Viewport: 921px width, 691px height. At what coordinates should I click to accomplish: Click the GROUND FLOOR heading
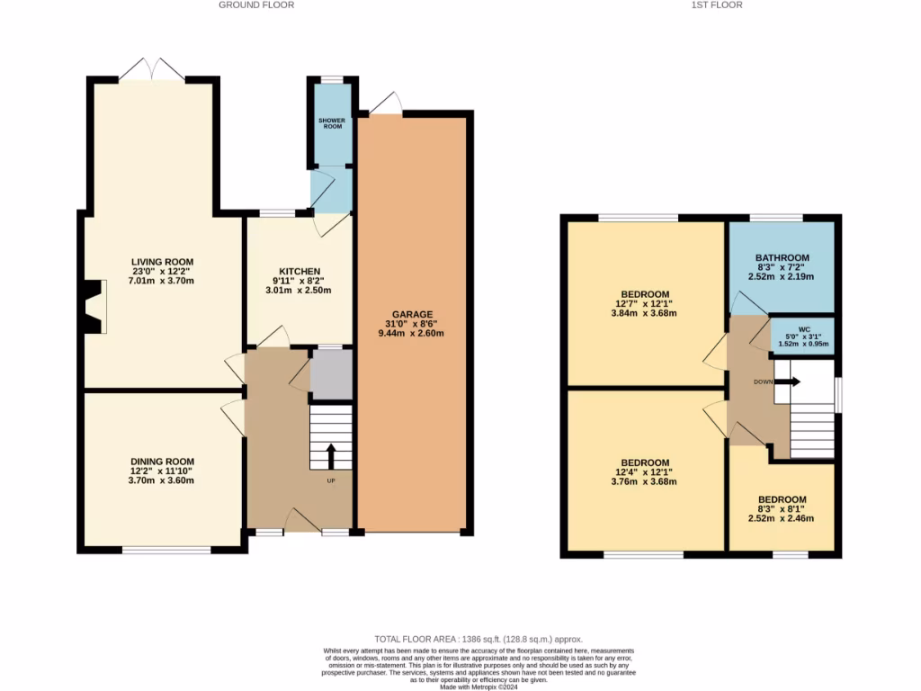(256, 5)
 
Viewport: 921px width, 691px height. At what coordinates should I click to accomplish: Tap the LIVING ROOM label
(163, 262)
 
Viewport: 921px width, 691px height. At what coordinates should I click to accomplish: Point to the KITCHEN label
(300, 272)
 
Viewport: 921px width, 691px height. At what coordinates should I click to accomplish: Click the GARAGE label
(412, 314)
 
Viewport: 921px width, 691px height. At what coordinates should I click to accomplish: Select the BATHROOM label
(782, 257)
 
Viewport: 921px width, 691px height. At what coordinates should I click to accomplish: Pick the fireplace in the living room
(93, 306)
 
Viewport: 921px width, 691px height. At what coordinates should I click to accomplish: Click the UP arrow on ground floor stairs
(331, 455)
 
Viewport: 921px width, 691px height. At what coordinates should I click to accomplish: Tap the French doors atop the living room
(153, 69)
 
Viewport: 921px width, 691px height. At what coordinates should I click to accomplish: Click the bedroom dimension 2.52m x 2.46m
(782, 519)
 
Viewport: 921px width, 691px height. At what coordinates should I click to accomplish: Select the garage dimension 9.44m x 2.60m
(412, 334)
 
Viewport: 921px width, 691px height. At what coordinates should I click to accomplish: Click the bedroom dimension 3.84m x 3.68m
(644, 314)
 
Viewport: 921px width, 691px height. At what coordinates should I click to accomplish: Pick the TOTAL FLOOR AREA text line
(460, 637)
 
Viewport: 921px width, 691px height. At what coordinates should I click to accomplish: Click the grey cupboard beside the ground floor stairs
(331, 374)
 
